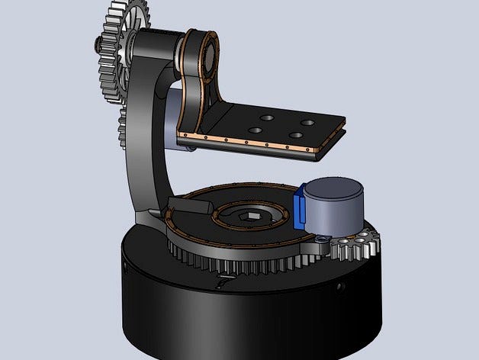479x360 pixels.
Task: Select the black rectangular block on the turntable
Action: tap(191, 203)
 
